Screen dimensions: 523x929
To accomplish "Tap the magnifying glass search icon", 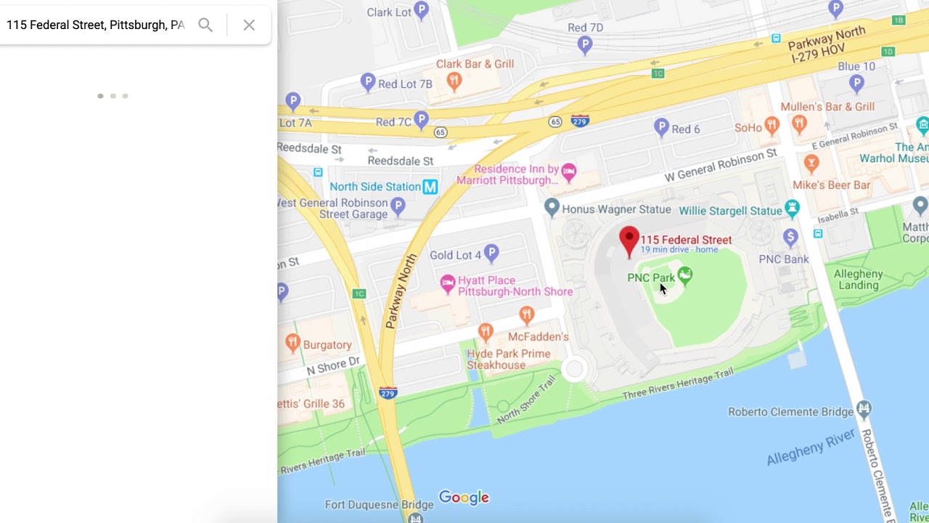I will tap(205, 25).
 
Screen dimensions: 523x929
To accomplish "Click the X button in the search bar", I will tap(249, 25).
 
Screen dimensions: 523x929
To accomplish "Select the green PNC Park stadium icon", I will tap(684, 275).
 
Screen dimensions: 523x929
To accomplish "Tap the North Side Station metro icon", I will tap(430, 187).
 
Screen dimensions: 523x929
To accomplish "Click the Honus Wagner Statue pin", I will tap(552, 208).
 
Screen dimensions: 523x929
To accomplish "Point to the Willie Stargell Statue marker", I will tap(792, 208).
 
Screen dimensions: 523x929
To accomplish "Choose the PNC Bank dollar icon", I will tap(790, 237).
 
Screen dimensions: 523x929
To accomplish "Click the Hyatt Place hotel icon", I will tap(448, 282).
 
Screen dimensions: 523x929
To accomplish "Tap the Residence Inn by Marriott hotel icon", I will tap(569, 171).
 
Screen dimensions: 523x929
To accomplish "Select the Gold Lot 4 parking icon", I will tap(491, 253).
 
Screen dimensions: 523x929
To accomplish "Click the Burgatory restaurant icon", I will tap(293, 342).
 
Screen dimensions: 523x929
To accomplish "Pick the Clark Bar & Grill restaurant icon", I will tap(454, 80).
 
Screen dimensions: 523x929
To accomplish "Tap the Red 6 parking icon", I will tap(661, 127).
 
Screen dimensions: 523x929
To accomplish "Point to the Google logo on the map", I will tap(464, 498).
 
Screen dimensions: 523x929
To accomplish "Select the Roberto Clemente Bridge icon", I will tap(863, 409).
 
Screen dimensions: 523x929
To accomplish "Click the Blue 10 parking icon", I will tap(856, 83).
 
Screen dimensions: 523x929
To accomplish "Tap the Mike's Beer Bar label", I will tap(831, 185).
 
